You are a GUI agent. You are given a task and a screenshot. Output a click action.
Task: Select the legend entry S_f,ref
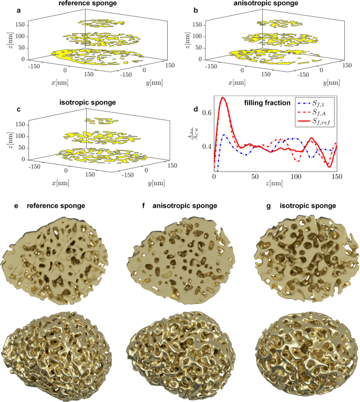pyautogui.click(x=321, y=123)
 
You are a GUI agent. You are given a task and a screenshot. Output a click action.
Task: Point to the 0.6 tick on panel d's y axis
pyautogui.click(x=208, y=113)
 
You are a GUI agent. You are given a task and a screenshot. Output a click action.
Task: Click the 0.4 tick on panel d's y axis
pyautogui.click(x=208, y=146)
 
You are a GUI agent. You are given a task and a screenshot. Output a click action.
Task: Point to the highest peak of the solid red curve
pyautogui.click(x=223, y=97)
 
